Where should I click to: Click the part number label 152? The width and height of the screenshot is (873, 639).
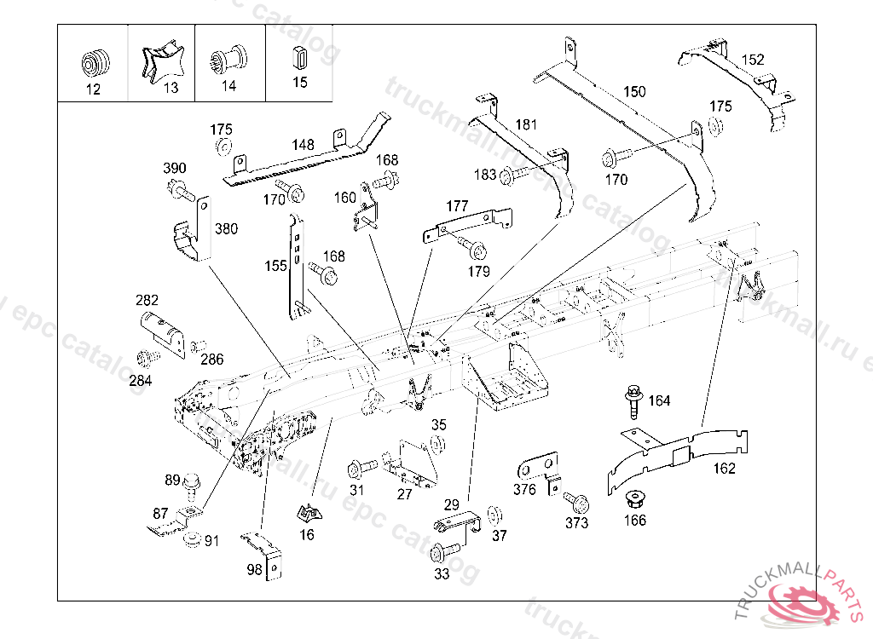click(753, 60)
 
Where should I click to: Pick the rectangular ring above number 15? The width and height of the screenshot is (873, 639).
click(299, 60)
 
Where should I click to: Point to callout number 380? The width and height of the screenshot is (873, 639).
click(226, 228)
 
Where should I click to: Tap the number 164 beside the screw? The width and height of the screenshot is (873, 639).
click(659, 400)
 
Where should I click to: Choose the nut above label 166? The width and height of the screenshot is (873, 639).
click(633, 497)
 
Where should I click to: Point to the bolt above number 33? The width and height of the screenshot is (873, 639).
click(442, 552)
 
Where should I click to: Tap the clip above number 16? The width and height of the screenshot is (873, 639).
click(309, 513)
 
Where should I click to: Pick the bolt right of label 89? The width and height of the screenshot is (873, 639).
click(192, 484)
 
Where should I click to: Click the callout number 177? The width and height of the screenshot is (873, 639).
click(457, 206)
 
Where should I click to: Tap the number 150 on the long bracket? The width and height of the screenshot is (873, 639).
click(634, 91)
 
